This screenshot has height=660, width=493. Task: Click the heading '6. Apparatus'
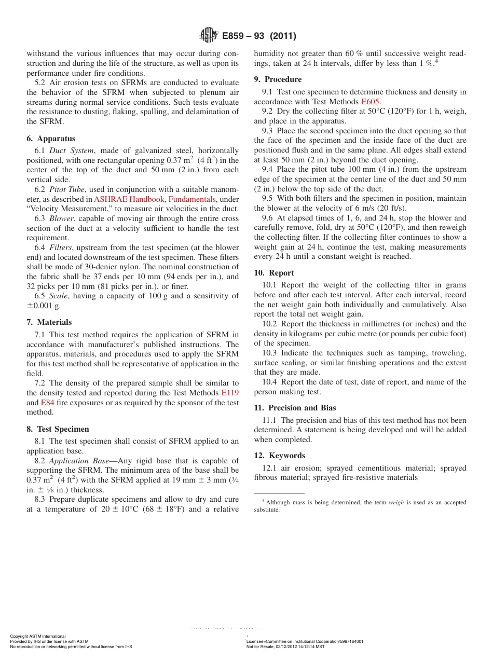point(51,139)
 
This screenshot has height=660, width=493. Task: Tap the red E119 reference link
point(230,393)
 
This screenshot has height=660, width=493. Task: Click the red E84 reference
point(47,403)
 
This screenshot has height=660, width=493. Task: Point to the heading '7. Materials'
point(49,322)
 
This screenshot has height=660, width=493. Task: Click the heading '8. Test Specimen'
point(58,429)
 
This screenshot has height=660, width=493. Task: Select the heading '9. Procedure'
point(278,79)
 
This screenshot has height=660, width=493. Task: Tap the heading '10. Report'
point(274,273)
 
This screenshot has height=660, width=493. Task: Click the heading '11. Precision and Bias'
point(295,408)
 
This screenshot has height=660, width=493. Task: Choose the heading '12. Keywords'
point(279,456)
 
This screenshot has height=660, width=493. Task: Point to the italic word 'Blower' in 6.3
point(61,218)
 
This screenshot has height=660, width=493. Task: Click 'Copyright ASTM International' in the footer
point(38,636)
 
